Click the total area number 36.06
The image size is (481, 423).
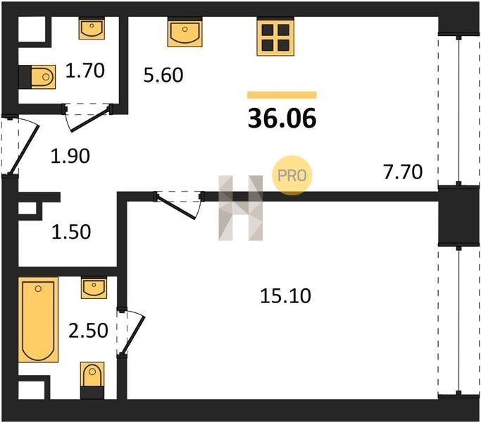[282, 118]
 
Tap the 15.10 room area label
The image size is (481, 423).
[285, 296]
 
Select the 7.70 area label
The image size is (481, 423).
[403, 172]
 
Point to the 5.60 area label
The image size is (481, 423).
[163, 75]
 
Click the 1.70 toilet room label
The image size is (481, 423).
[85, 70]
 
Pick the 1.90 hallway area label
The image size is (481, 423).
[70, 156]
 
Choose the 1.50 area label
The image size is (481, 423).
[71, 232]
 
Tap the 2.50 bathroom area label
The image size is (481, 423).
[88, 331]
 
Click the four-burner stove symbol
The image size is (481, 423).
[275, 37]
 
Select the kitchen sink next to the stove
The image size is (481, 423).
[185, 32]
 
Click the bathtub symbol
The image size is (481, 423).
[38, 319]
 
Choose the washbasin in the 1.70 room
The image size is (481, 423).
[92, 28]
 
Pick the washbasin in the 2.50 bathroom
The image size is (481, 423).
[94, 288]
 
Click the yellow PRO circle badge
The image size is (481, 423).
[292, 176]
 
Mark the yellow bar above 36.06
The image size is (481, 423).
[282, 95]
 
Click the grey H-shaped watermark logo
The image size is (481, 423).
[241, 208]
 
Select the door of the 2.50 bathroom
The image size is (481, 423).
[133, 335]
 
